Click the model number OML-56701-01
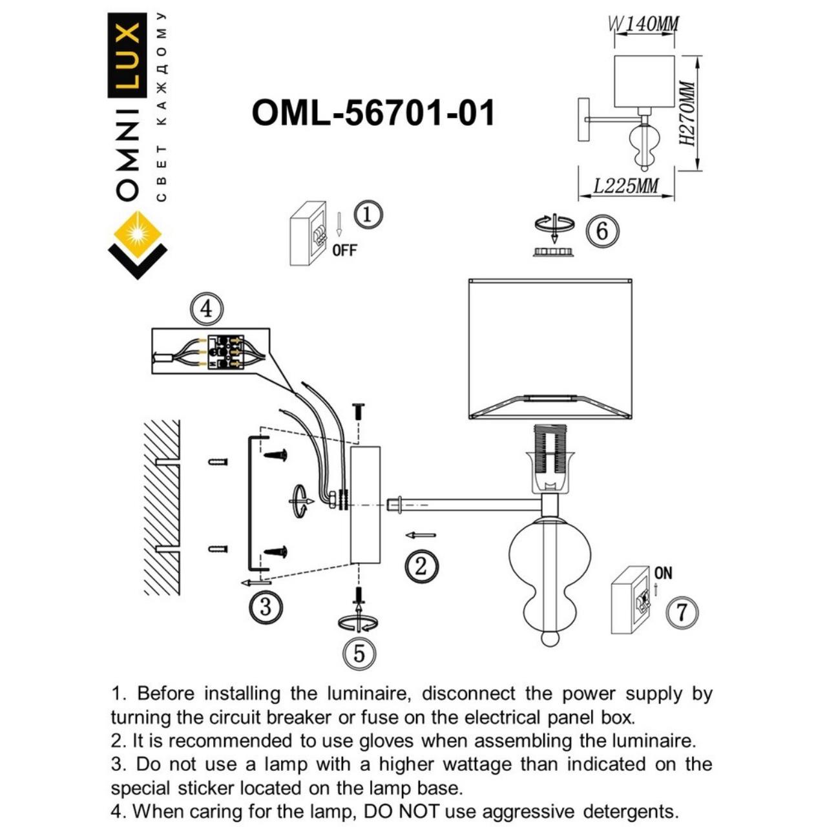tap(373, 113)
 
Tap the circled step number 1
tap(368, 215)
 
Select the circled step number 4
tap(206, 309)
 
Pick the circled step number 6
tap(602, 231)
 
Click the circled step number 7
tap(682, 611)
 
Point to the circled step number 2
tap(421, 567)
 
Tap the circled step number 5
tap(359, 653)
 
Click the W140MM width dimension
tap(644, 25)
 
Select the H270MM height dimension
tap(689, 114)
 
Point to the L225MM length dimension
tap(625, 186)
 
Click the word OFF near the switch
tap(344, 250)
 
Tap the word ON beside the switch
tap(663, 573)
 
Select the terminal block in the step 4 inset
tap(225, 352)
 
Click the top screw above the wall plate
tap(359, 412)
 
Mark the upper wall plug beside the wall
tap(218, 461)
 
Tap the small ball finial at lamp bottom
tap(549, 638)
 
